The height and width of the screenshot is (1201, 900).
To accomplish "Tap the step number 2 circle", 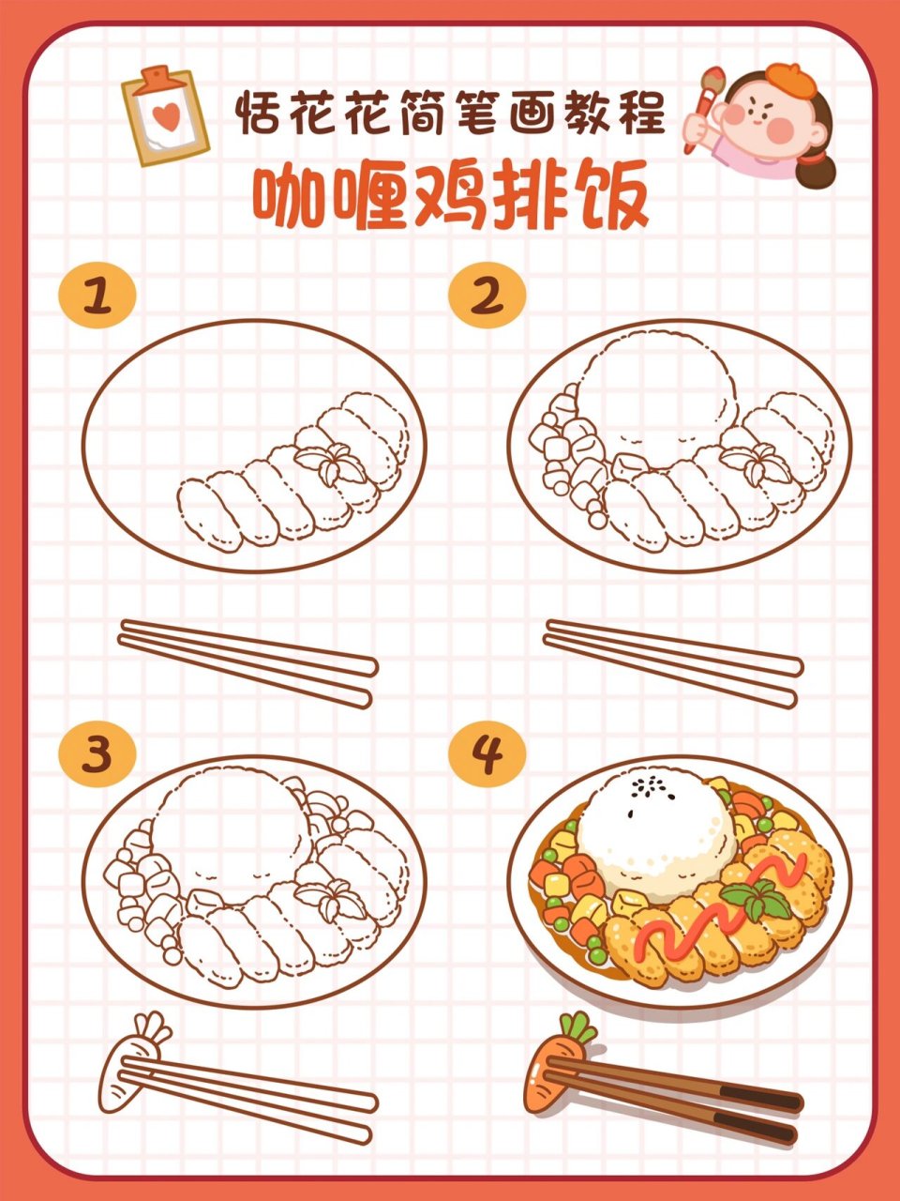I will [487, 297].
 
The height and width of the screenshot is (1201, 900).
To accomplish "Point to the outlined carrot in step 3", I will [127, 1066].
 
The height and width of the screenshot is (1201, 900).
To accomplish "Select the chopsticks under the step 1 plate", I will [248, 661].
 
